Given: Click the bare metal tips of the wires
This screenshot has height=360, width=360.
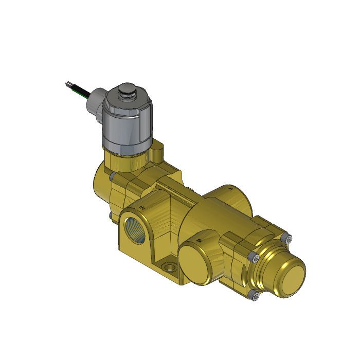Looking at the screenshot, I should coord(68,83).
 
